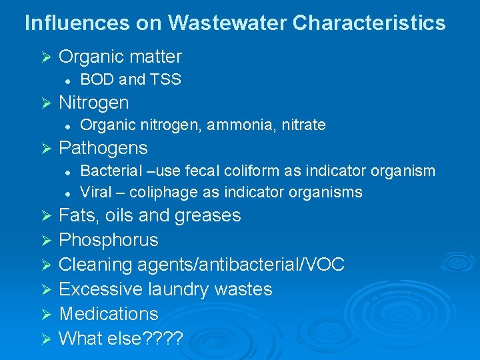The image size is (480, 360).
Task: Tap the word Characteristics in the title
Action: point(369,23)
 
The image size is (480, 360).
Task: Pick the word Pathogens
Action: point(103,147)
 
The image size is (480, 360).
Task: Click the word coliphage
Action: point(161,193)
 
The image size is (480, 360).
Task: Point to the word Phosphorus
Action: point(109,240)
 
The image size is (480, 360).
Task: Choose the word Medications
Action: point(109,313)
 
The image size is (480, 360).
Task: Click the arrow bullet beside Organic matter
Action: point(46,58)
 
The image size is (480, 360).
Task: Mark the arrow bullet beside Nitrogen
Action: point(46,103)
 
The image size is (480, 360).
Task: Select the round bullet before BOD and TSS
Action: point(68,81)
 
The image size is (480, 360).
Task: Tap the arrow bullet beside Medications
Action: point(46,314)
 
